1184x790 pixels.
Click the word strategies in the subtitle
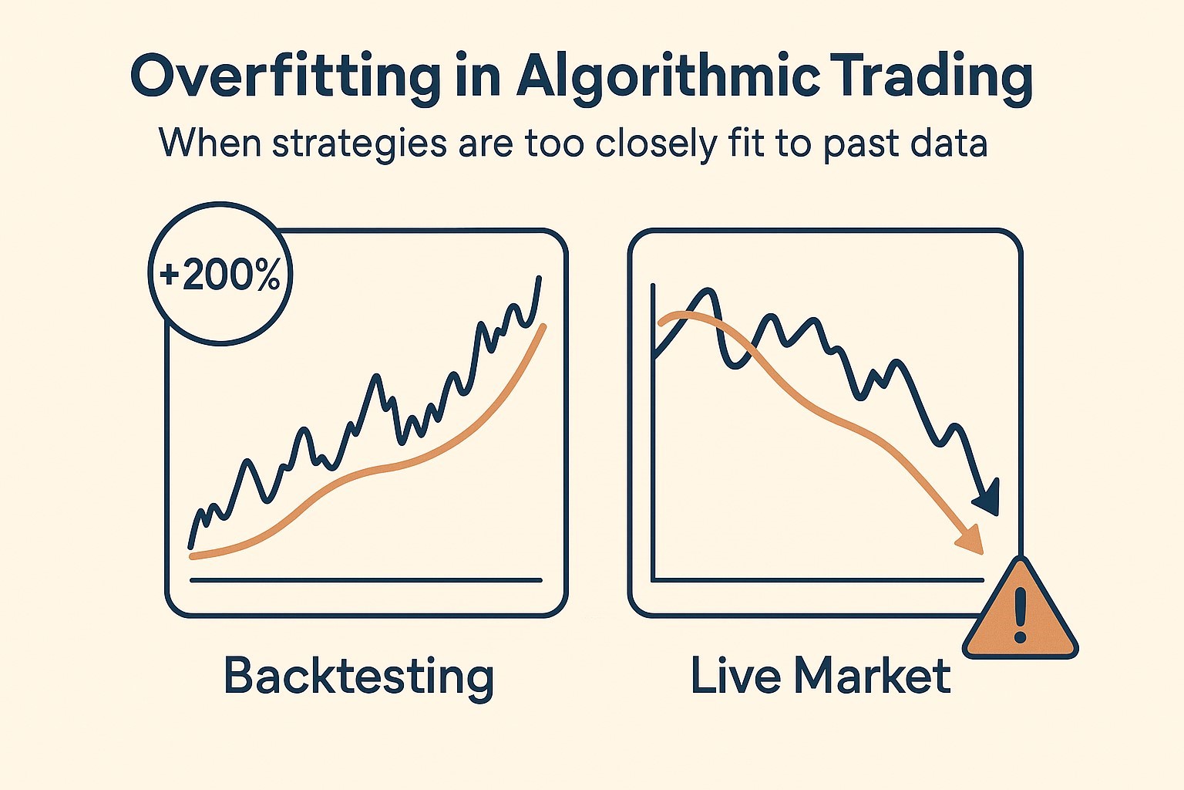pyautogui.click(x=359, y=143)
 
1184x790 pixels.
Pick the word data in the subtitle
pyautogui.click(x=946, y=142)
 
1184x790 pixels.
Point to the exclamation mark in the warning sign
pyautogui.click(x=1020, y=616)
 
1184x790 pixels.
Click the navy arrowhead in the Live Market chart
pyautogui.click(x=987, y=498)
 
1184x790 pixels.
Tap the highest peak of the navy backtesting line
pyautogui.click(x=539, y=277)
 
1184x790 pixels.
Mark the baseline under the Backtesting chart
pyautogui.click(x=366, y=580)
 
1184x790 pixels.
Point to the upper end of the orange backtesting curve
pyautogui.click(x=543, y=326)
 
